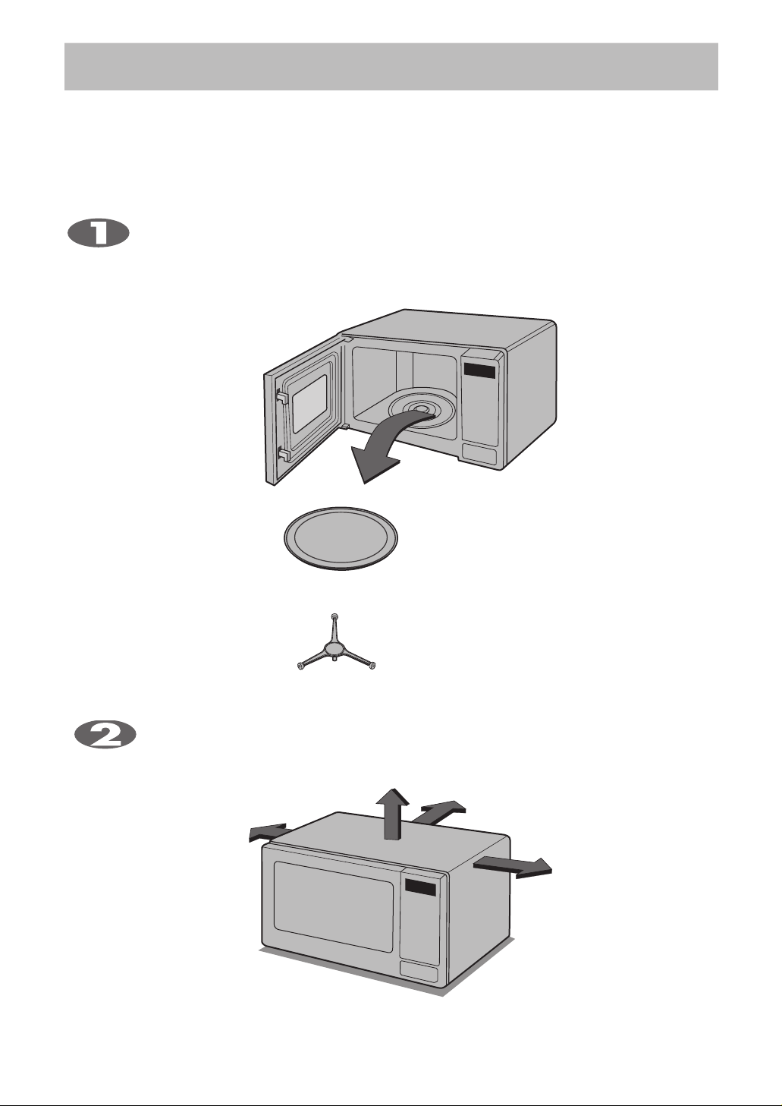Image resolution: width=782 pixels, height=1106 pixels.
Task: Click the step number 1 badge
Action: tap(99, 233)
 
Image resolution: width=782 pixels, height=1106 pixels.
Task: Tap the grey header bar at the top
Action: tap(391, 67)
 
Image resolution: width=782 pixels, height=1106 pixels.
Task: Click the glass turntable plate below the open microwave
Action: tap(341, 537)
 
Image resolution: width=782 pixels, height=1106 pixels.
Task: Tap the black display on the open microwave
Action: tap(479, 371)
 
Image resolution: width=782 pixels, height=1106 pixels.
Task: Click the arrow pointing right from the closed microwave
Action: tap(513, 867)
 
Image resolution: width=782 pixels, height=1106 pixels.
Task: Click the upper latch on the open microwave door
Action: tap(281, 396)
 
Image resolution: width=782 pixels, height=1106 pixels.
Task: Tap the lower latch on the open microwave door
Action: tap(283, 454)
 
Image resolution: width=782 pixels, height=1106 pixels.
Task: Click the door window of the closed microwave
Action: tap(334, 907)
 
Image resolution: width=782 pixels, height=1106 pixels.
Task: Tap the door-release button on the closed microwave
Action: tap(419, 972)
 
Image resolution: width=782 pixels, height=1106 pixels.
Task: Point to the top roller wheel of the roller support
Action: tap(335, 616)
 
